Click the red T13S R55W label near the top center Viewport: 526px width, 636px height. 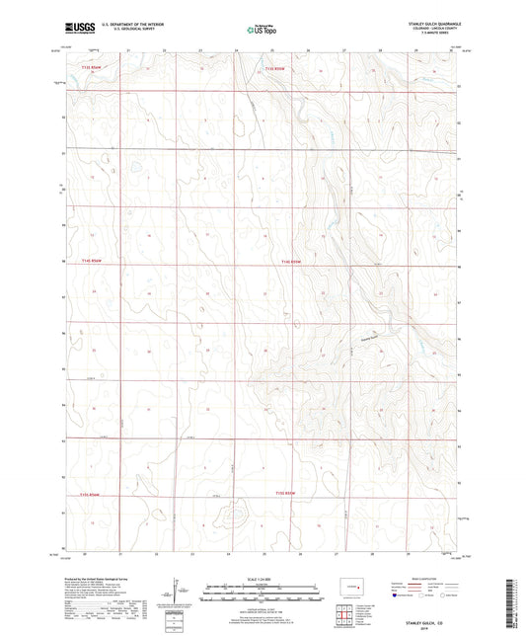point(277,69)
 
